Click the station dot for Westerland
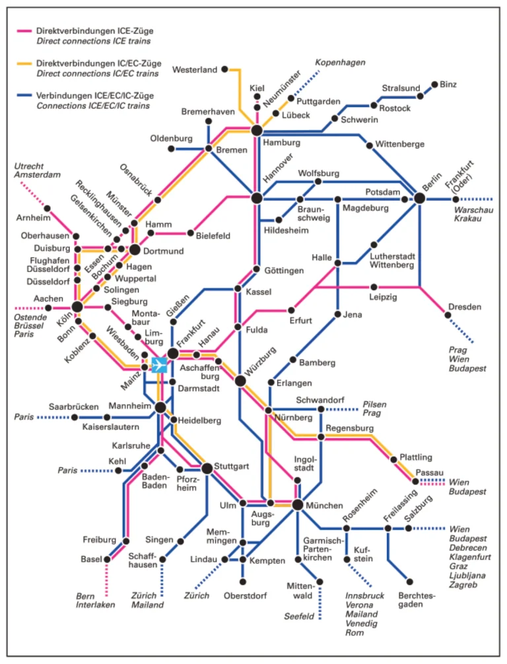[224, 69]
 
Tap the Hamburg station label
[281, 142]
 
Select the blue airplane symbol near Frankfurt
[160, 365]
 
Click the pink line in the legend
[24, 31]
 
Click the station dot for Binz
[434, 84]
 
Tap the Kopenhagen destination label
[340, 62]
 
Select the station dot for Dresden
[448, 315]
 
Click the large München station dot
[297, 505]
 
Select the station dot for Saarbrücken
[108, 417]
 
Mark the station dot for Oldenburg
[171, 149]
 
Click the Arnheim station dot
[47, 209]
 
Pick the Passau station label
[429, 473]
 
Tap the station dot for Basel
[107, 559]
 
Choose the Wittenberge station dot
[370, 144]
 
